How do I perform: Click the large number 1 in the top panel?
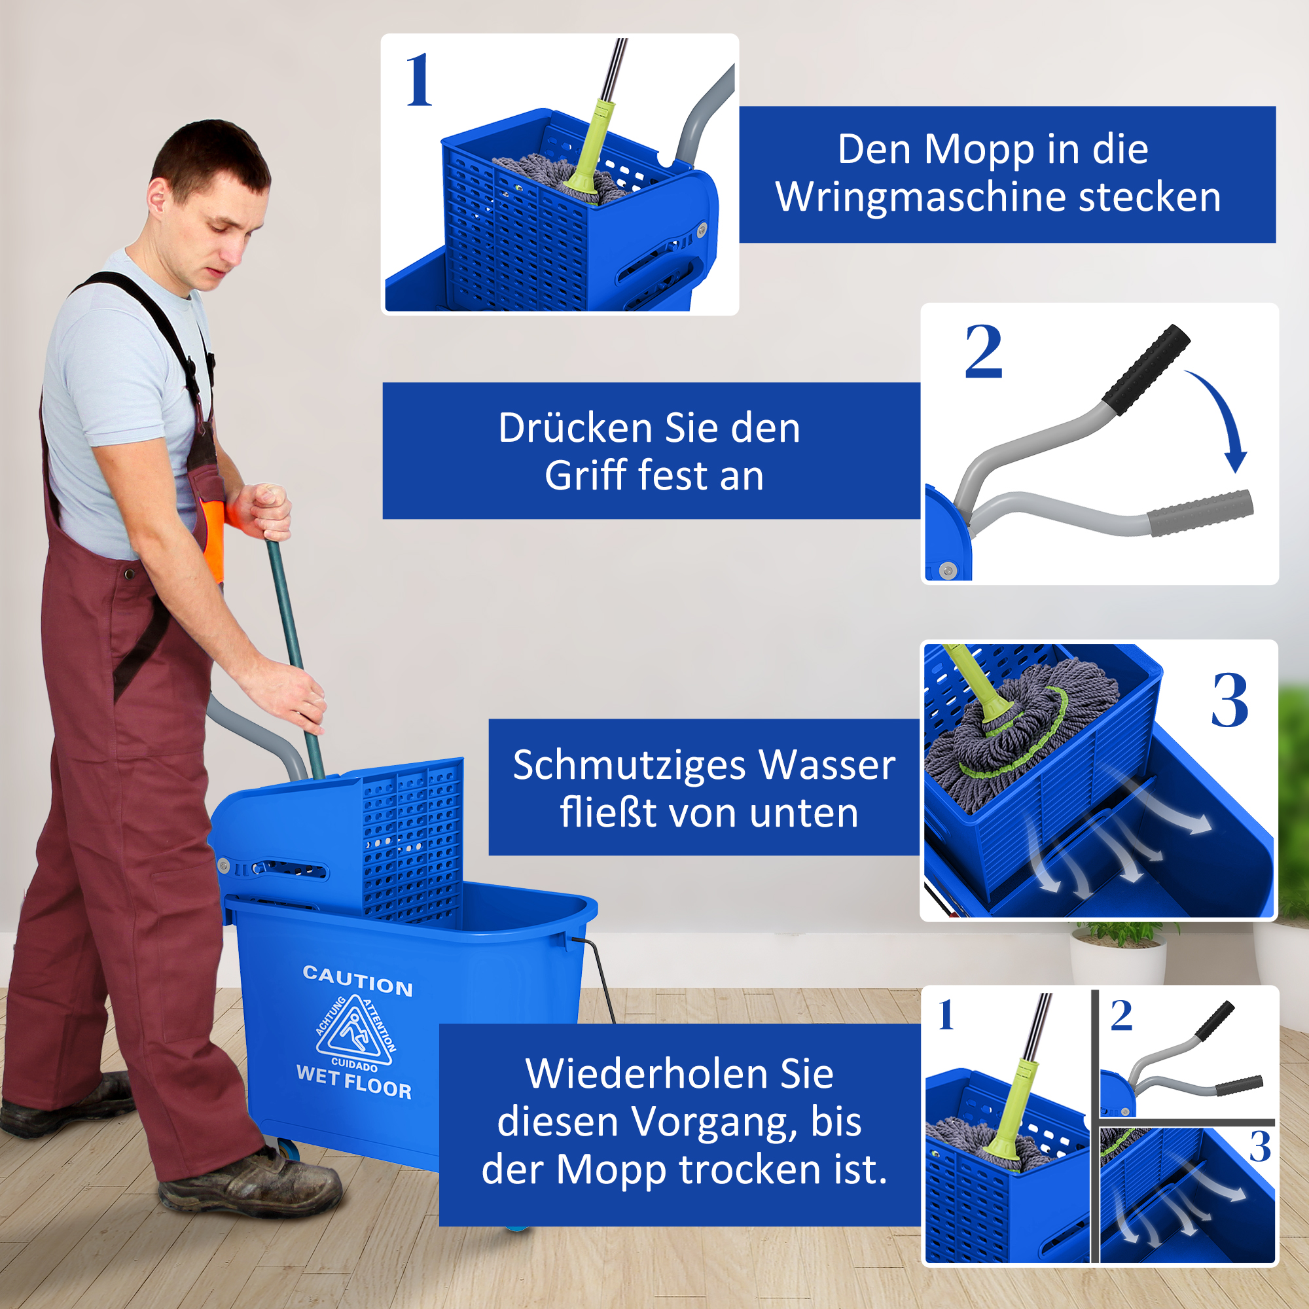pos(420,81)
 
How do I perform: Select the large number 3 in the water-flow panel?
pos(1230,701)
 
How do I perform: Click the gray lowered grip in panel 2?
pos(1200,512)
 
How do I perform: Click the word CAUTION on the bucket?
pos(358,981)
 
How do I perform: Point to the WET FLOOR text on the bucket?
pos(353,1081)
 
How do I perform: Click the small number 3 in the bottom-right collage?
pos(1259,1147)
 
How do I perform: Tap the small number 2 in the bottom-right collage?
pos(1121,1016)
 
